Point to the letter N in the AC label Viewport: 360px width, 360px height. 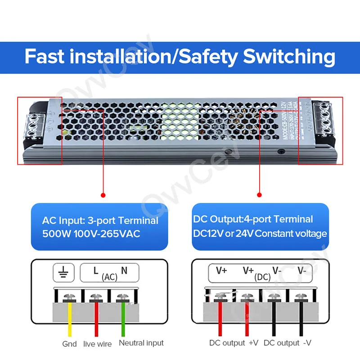124,270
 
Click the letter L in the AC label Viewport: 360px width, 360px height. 96,270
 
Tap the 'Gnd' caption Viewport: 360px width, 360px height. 70,344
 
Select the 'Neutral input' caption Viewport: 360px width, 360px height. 141,343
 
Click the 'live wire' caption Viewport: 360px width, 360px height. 97,344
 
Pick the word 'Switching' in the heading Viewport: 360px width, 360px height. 289,57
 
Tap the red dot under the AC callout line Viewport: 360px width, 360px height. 103,195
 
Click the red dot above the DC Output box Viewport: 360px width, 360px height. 259,195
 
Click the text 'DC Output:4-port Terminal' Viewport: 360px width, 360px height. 252,220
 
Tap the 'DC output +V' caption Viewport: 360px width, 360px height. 234,343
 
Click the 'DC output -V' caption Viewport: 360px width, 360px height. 288,343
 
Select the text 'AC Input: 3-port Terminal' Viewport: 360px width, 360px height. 100,221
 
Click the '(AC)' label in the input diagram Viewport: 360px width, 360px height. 109,277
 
